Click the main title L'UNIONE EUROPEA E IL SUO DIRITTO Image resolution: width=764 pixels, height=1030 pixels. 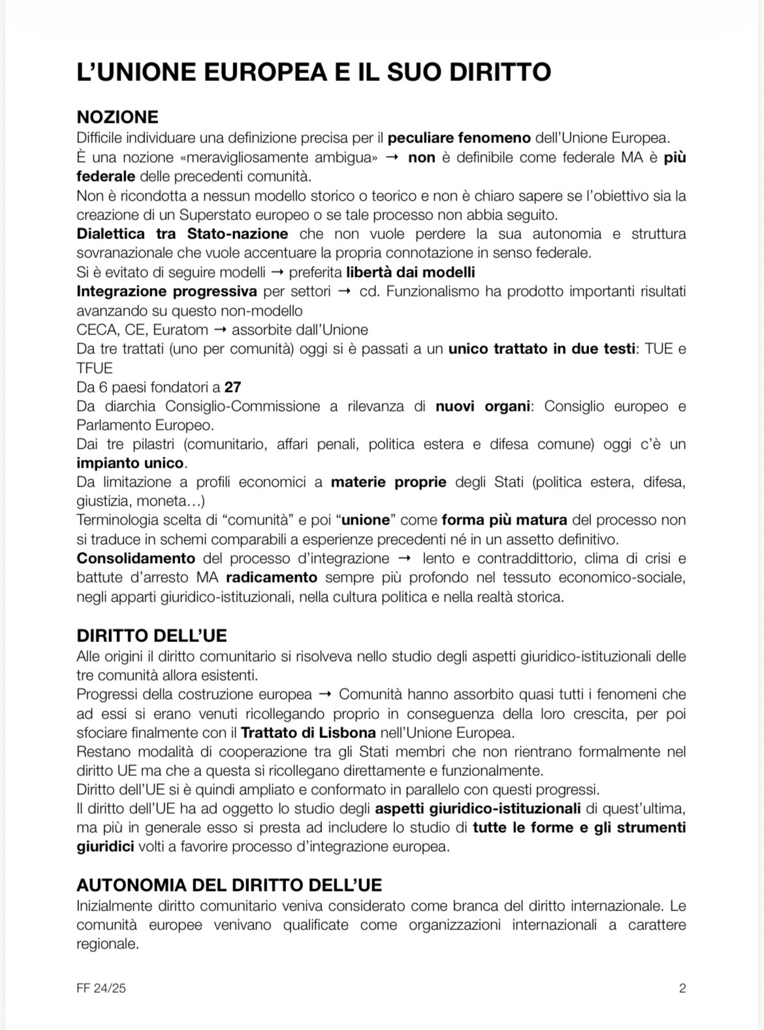[x=313, y=72]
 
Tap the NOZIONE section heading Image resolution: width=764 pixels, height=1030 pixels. [x=118, y=117]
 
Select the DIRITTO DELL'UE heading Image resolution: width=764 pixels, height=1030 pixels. [x=151, y=636]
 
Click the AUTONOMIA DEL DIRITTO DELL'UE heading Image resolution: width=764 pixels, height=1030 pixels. [x=229, y=885]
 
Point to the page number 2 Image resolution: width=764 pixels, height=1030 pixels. [x=682, y=988]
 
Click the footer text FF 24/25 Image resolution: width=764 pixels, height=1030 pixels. [x=101, y=988]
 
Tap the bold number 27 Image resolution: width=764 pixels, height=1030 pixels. [x=232, y=387]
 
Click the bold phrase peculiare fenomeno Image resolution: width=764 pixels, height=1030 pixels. [x=459, y=138]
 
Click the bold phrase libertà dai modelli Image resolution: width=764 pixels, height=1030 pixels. [x=411, y=272]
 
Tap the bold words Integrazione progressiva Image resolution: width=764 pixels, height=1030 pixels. [x=167, y=291]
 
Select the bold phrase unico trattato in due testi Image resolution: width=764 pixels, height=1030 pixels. [x=541, y=348]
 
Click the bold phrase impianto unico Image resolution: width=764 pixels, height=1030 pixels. [x=130, y=463]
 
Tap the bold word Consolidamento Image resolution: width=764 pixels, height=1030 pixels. [x=136, y=558]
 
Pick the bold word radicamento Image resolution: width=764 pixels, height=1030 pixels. [x=272, y=577]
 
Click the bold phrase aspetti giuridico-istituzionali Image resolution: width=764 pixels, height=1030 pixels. [x=477, y=809]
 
